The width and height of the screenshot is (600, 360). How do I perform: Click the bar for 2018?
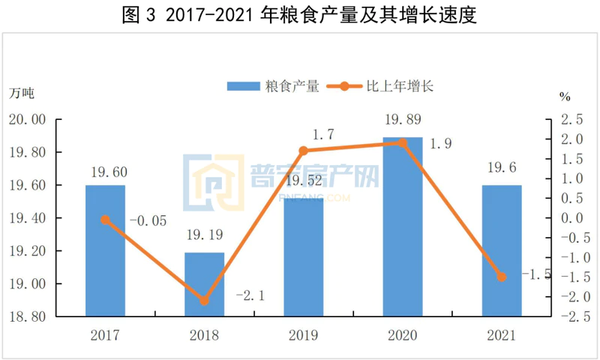pyautogui.click(x=204, y=284)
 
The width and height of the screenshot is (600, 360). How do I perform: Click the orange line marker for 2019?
pyautogui.click(x=304, y=151)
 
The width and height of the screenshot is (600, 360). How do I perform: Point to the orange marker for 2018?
pyautogui.click(x=204, y=301)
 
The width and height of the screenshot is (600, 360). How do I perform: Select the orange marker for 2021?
pyautogui.click(x=502, y=277)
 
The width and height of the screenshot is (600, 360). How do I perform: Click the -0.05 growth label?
pyautogui.click(x=148, y=221)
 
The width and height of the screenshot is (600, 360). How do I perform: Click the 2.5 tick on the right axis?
pyautogui.click(x=571, y=120)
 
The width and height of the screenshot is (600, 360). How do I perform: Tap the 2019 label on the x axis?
pyautogui.click(x=303, y=335)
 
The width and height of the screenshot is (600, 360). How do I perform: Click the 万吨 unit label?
pyautogui.click(x=22, y=94)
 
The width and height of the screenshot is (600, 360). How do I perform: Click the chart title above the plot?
pyautogui.click(x=300, y=15)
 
